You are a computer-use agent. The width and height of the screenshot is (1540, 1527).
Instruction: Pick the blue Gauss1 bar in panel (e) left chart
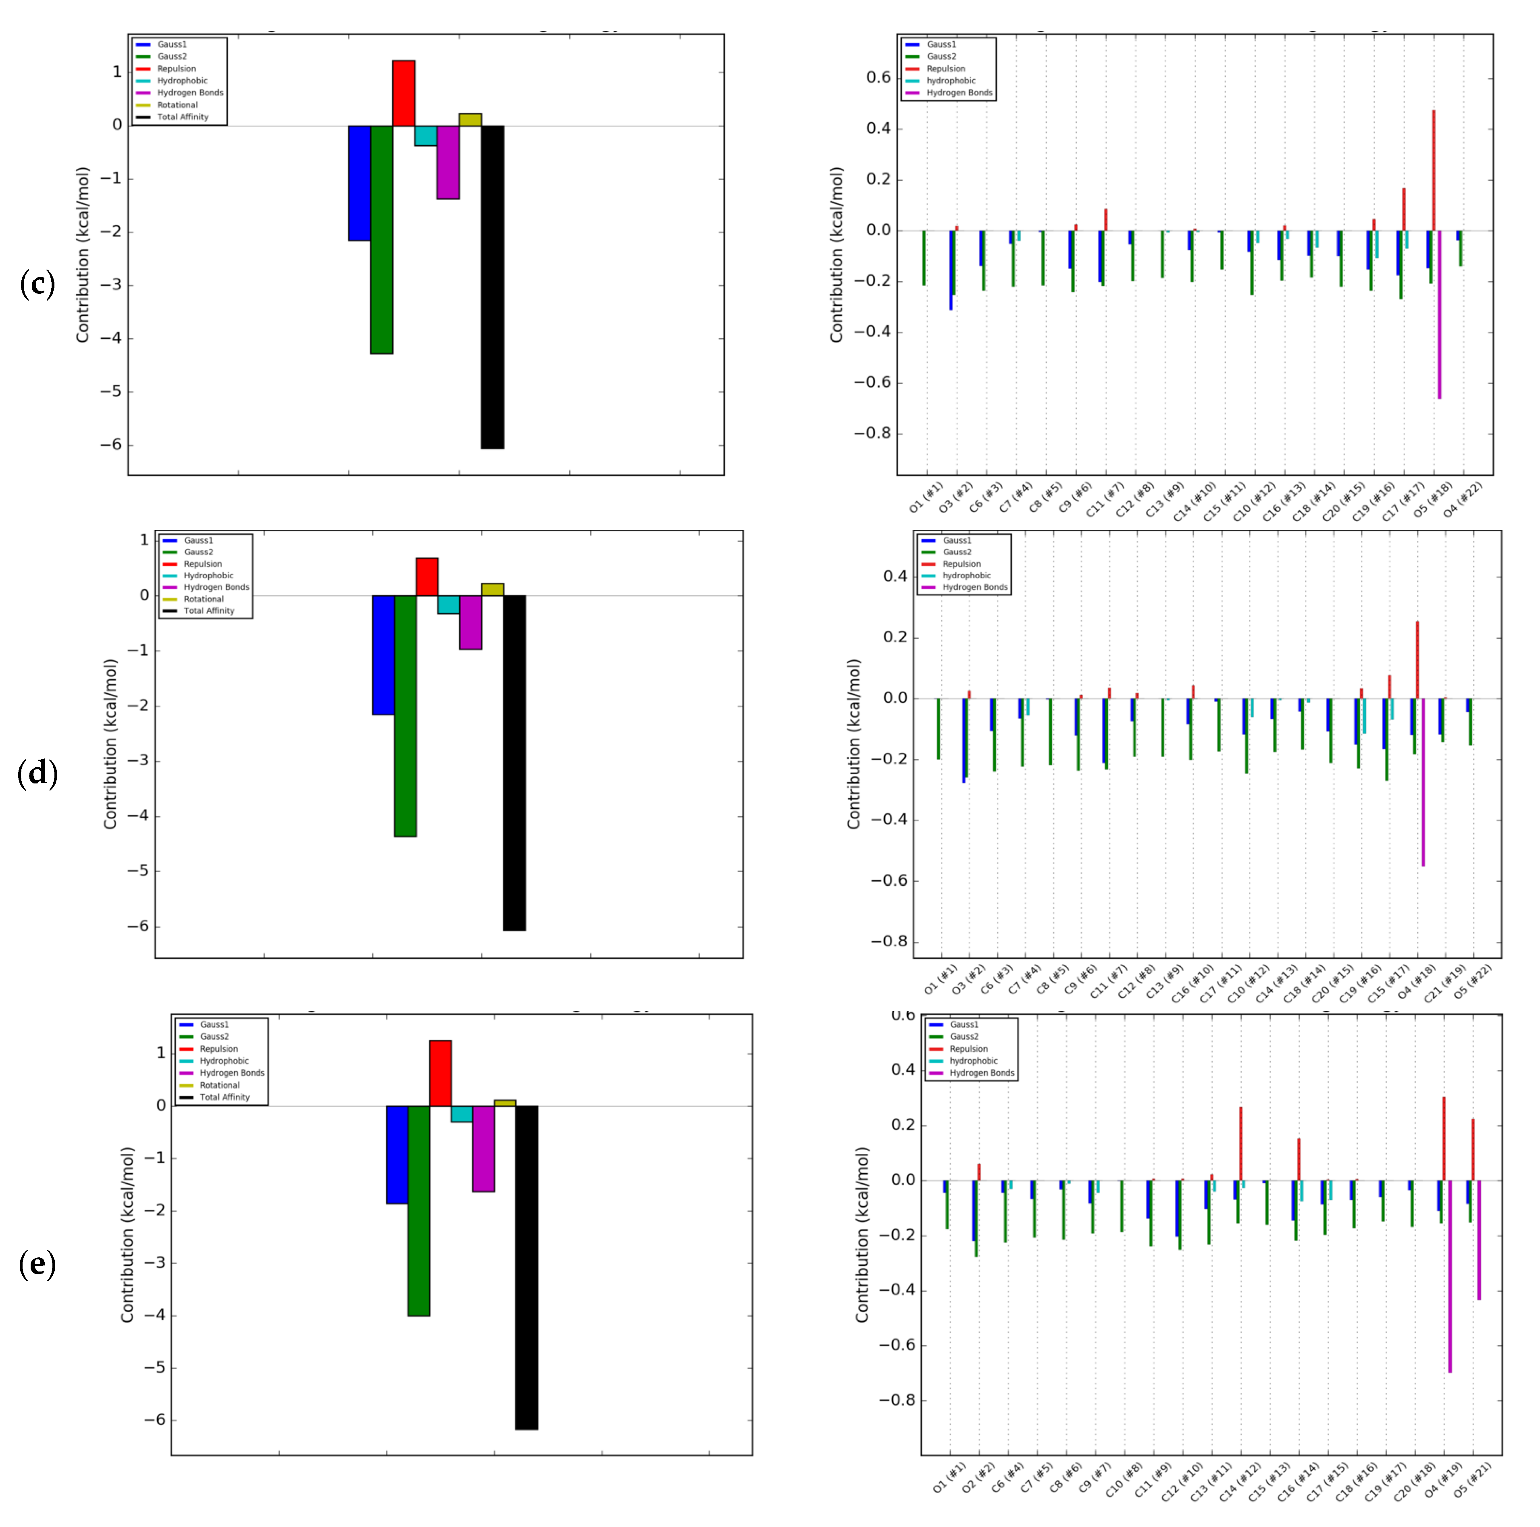[x=397, y=1154]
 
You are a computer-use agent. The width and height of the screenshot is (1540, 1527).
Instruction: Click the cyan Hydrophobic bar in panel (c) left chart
[x=426, y=135]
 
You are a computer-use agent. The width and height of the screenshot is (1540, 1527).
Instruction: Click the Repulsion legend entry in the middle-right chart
[x=961, y=563]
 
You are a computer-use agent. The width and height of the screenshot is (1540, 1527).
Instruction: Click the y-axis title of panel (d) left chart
[x=110, y=744]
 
